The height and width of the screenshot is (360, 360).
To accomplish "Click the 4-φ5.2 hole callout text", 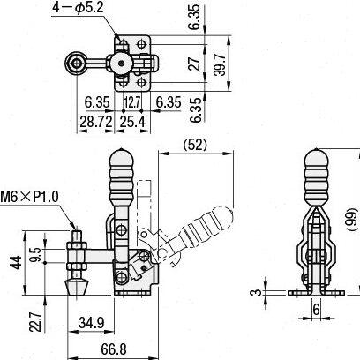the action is (78, 8).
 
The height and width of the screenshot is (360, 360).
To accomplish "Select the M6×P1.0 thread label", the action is (29, 197).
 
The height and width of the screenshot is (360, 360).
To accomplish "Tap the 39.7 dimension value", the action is (220, 64).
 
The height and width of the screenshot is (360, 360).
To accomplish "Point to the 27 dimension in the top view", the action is (194, 64).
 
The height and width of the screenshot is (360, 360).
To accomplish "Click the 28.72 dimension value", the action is (96, 122).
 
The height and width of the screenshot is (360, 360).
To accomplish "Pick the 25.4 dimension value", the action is (132, 122).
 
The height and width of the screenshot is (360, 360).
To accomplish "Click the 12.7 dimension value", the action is (132, 102).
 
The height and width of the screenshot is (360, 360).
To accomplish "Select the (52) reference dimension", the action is (195, 145).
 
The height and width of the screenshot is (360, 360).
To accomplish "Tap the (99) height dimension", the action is (351, 220).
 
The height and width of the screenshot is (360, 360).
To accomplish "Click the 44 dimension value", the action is (16, 262).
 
